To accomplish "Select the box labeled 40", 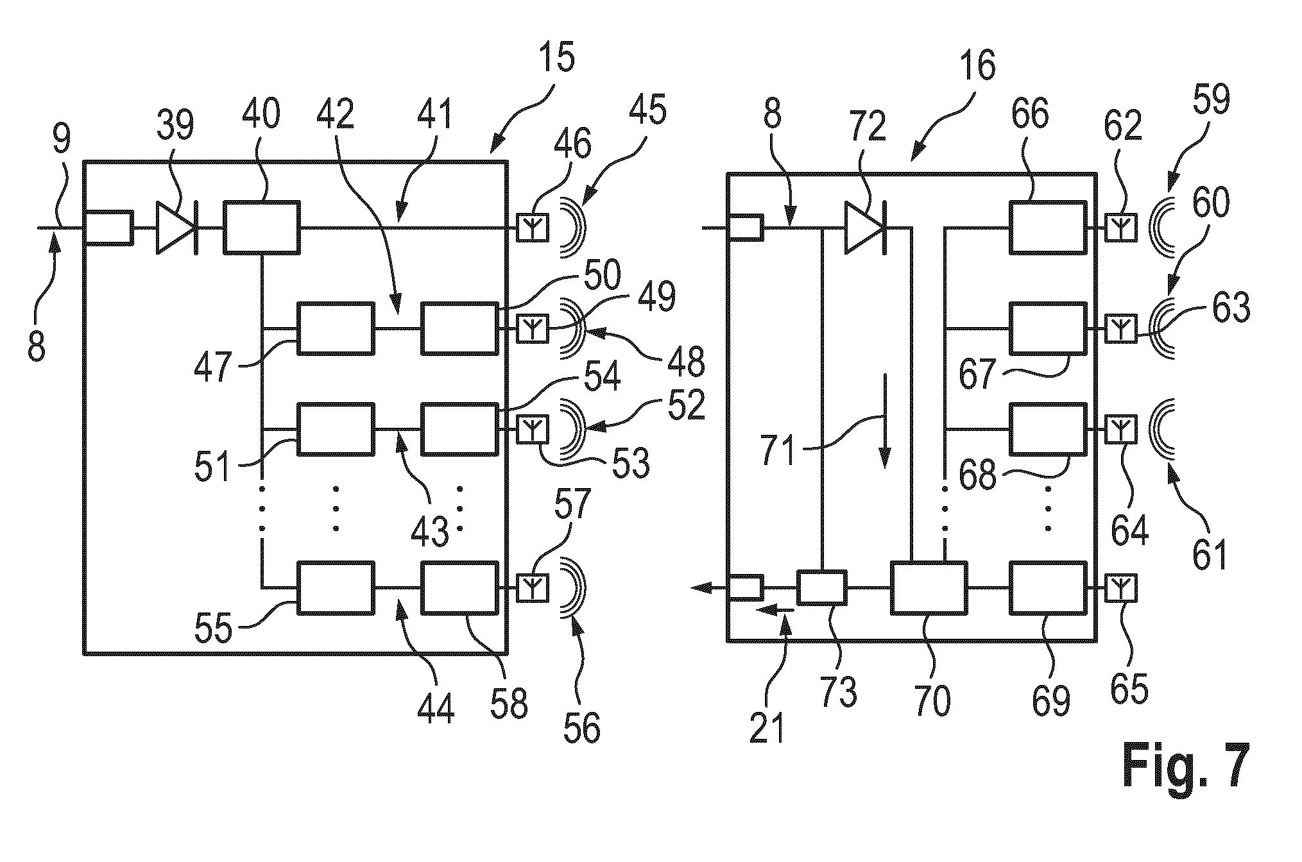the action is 262,228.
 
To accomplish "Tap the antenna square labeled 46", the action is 533,228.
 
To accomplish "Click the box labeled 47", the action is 336,329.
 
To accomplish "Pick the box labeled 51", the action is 336,429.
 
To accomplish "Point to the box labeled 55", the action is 336,588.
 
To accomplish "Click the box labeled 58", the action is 459,588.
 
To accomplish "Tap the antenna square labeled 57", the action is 533,587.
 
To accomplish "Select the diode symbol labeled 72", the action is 866,228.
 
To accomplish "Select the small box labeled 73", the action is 822,587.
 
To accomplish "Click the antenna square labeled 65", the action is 1121,587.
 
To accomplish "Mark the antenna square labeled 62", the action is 1121,228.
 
